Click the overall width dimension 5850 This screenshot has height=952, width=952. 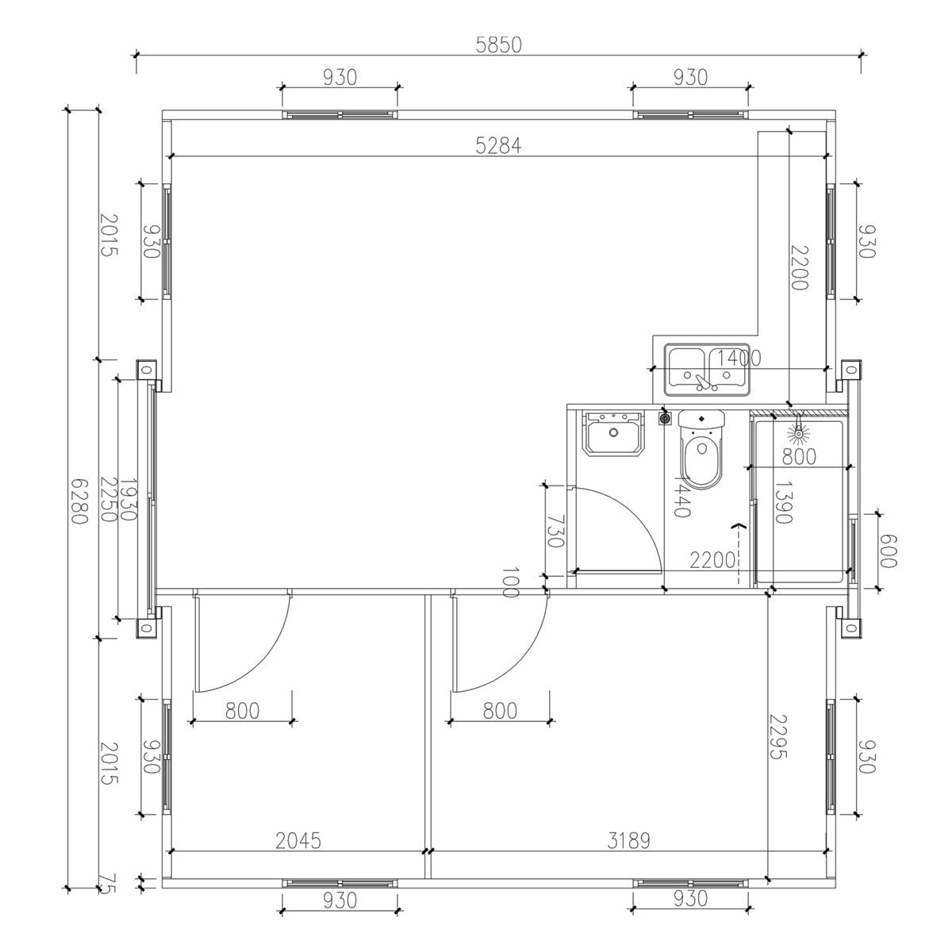498,45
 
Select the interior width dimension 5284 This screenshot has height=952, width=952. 498,146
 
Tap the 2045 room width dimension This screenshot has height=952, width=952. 298,841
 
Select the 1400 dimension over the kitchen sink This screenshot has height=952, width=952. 739,359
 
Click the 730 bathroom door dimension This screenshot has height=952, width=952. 555,532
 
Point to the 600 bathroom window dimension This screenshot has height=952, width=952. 887,551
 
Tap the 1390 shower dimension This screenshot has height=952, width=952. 783,502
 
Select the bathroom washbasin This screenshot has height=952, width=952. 613,434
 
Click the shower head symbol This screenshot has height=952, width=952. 798,433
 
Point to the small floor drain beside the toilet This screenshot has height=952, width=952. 665,417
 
